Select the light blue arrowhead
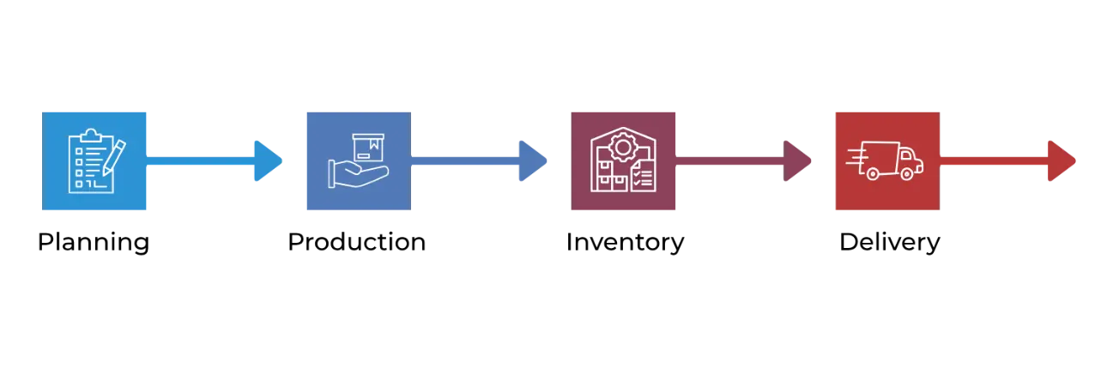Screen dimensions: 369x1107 (267, 160)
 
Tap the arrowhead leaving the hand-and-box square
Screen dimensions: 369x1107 (531, 160)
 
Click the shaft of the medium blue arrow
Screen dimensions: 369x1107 (463, 160)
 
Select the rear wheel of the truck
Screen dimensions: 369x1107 (873, 173)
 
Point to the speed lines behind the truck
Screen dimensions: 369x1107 (856, 157)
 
